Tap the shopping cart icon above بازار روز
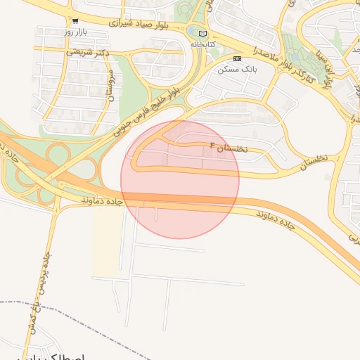(75, 21)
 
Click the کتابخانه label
(202, 44)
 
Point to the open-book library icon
(203, 33)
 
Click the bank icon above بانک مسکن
(237, 58)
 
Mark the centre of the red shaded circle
(180, 179)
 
